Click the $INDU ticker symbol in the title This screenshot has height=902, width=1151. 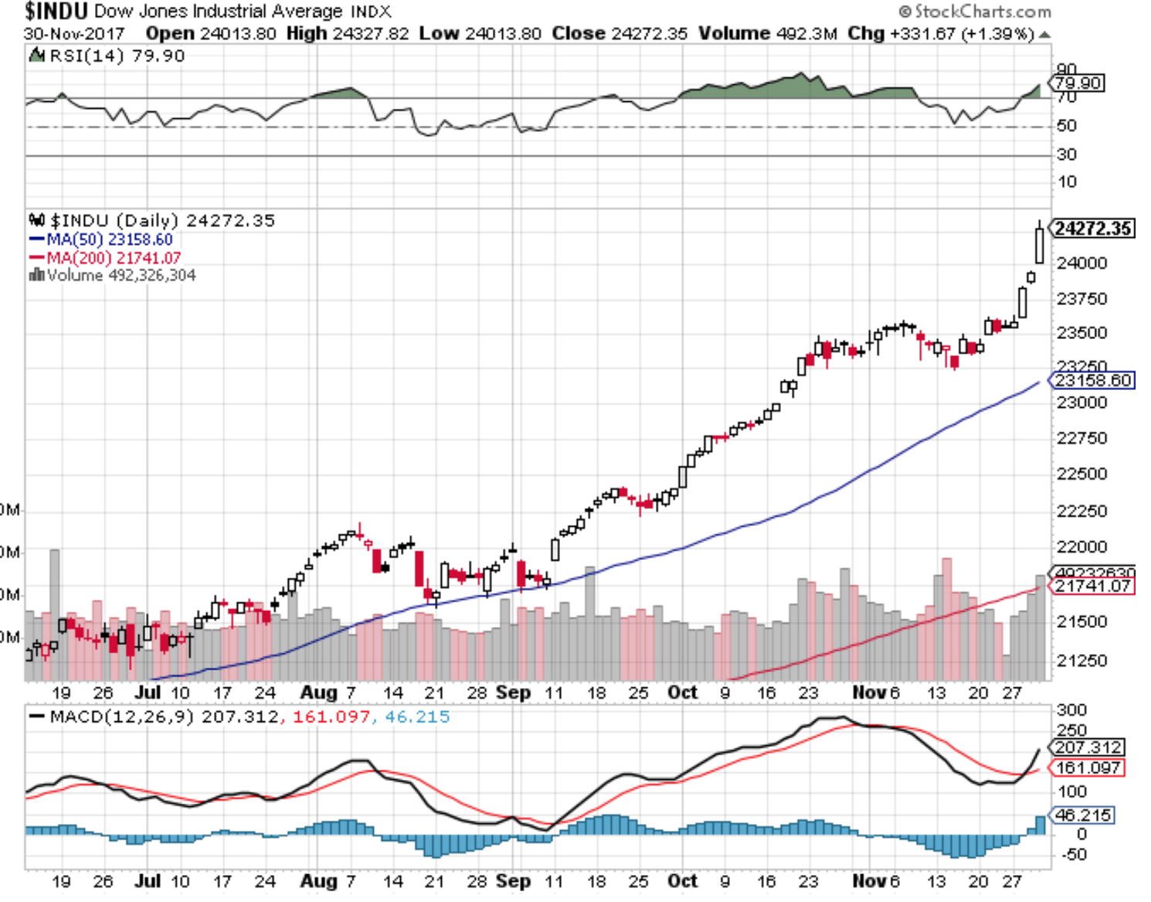pyautogui.click(x=56, y=11)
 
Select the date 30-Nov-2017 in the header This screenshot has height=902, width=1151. pyautogui.click(x=74, y=34)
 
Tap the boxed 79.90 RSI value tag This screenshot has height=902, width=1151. pyautogui.click(x=1078, y=83)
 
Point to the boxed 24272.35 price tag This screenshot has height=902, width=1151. pyautogui.click(x=1093, y=229)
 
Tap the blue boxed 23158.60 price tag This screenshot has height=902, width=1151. pyautogui.click(x=1093, y=380)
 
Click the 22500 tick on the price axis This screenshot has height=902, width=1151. pyautogui.click(x=1081, y=473)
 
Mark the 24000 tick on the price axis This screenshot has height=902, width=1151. pyautogui.click(x=1081, y=263)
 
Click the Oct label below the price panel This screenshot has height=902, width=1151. pyautogui.click(x=682, y=692)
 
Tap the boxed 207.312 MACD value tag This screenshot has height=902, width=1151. pyautogui.click(x=1088, y=748)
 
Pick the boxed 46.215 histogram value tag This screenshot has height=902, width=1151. pyautogui.click(x=1083, y=815)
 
